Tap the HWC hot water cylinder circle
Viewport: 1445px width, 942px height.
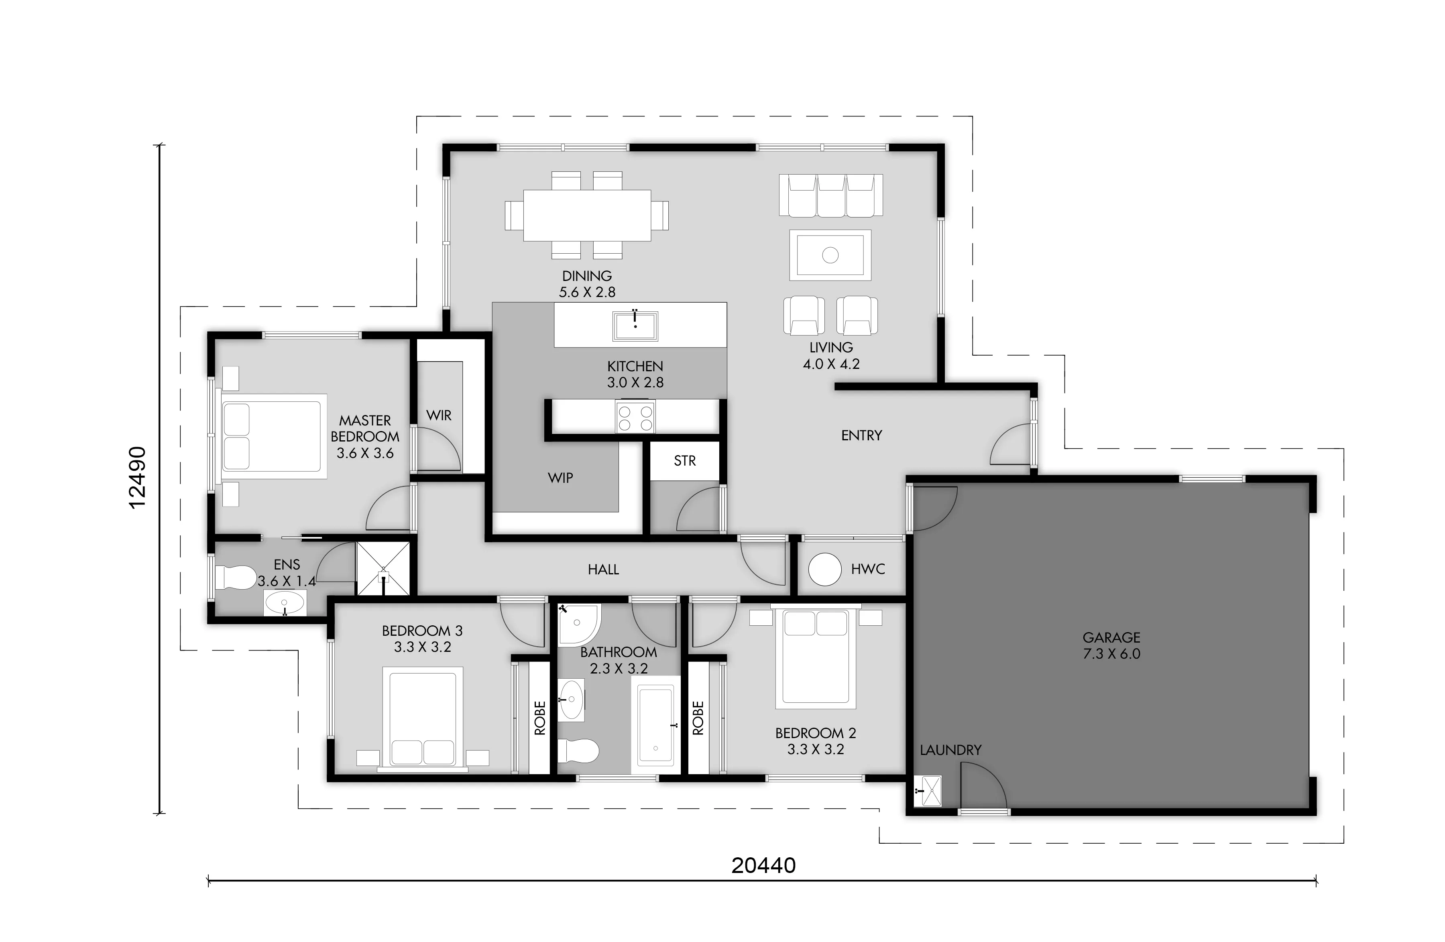coord(824,569)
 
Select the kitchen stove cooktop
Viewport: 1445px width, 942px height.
coord(635,416)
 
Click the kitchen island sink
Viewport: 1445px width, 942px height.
coord(635,326)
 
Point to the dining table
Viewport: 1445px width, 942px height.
coord(587,216)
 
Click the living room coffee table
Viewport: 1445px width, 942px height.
coord(830,255)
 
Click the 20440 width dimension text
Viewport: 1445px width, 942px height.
coord(763,865)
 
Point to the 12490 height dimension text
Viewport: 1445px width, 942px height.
coord(138,478)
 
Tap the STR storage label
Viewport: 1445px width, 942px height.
coord(685,461)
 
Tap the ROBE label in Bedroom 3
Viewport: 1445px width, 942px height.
coord(540,718)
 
